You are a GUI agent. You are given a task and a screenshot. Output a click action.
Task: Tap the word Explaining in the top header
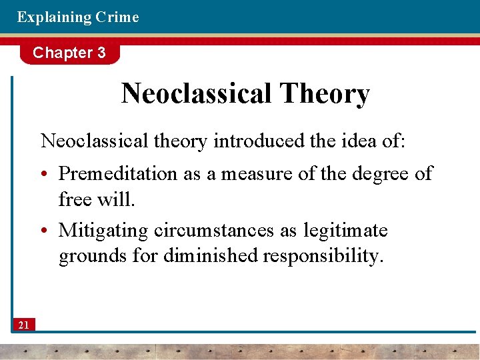point(54,17)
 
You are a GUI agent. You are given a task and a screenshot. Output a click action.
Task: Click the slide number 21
point(23,325)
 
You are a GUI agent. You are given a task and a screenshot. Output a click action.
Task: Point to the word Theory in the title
point(325,95)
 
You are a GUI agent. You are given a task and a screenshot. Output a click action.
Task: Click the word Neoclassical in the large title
point(197,94)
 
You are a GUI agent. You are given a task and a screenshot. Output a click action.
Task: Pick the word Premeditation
point(119,174)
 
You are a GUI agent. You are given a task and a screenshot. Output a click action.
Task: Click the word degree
point(377,174)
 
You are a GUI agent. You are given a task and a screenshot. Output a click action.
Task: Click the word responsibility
point(323,256)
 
